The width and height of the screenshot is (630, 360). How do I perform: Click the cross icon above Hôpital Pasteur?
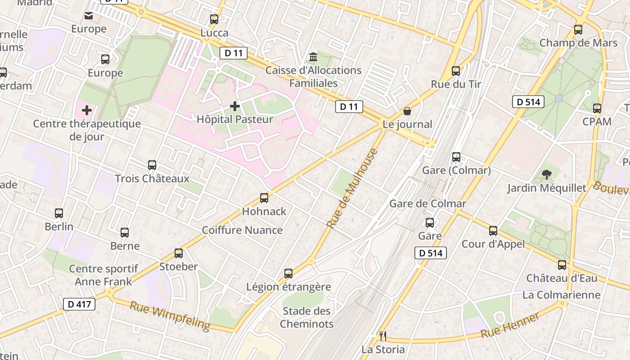(x=234, y=106)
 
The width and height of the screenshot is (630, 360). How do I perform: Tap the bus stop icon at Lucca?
(x=214, y=19)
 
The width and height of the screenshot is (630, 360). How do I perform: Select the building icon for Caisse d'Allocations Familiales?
(x=313, y=57)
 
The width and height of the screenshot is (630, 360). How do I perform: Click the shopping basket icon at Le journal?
(x=407, y=111)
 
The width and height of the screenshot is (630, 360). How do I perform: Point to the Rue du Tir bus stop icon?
(x=456, y=71)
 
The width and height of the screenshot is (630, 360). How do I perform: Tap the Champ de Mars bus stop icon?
(x=578, y=30)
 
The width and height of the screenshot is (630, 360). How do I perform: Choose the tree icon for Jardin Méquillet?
(x=547, y=175)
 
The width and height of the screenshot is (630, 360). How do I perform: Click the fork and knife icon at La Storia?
(x=383, y=336)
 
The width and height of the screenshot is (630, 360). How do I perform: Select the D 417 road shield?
(x=79, y=304)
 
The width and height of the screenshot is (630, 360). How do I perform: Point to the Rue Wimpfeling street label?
(x=170, y=316)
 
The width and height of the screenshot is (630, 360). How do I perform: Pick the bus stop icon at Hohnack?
(x=264, y=198)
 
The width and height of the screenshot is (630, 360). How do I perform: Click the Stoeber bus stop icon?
(x=179, y=253)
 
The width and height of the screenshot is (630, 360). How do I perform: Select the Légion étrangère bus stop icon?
(x=288, y=274)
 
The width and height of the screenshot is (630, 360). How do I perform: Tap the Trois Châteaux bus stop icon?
(x=152, y=165)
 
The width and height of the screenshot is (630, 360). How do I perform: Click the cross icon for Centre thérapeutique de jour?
(x=87, y=110)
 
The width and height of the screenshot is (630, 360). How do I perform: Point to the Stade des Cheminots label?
(x=306, y=317)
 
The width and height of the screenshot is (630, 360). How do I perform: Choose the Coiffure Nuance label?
(x=242, y=230)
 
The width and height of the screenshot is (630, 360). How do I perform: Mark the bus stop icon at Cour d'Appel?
(x=493, y=231)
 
